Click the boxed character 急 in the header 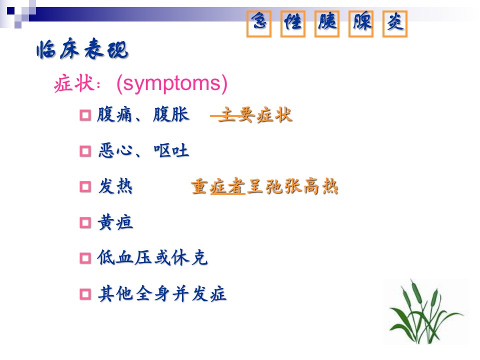(x=259, y=24)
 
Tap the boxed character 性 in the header (x=293, y=24)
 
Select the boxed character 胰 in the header (x=327, y=24)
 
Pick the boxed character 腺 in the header (x=361, y=24)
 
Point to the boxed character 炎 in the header (x=395, y=24)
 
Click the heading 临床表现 (x=82, y=49)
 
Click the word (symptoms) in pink (x=172, y=83)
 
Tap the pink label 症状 (x=74, y=83)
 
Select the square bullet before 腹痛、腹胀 (x=85, y=115)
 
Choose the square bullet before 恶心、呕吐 (x=85, y=151)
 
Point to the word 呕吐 (x=171, y=150)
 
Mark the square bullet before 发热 (x=85, y=186)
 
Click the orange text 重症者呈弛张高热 (x=265, y=186)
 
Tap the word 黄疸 (x=115, y=222)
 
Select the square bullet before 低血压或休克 (x=85, y=258)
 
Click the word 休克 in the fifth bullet (x=190, y=257)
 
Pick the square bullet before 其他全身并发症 (x=85, y=294)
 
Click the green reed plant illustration (x=425, y=312)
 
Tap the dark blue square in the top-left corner (x=10, y=11)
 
